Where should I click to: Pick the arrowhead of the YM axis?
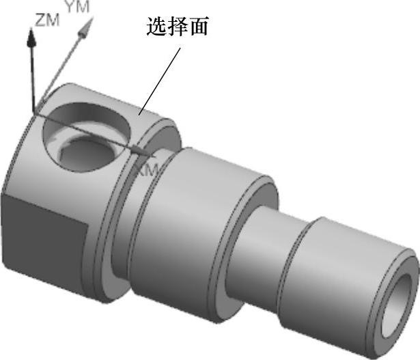click(x=86, y=25)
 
